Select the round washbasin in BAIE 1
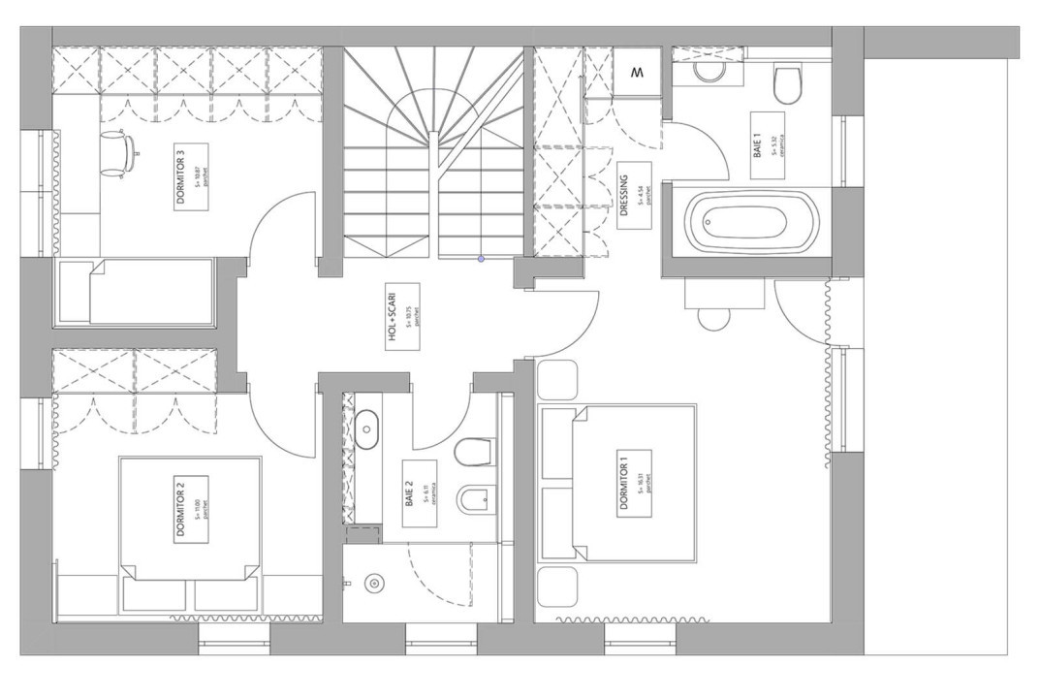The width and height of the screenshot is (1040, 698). pyautogui.click(x=708, y=72)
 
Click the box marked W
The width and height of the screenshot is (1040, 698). pyautogui.click(x=638, y=73)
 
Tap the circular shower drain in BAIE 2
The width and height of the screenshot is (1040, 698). pyautogui.click(x=373, y=583)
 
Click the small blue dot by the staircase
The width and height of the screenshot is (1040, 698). pyautogui.click(x=481, y=259)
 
